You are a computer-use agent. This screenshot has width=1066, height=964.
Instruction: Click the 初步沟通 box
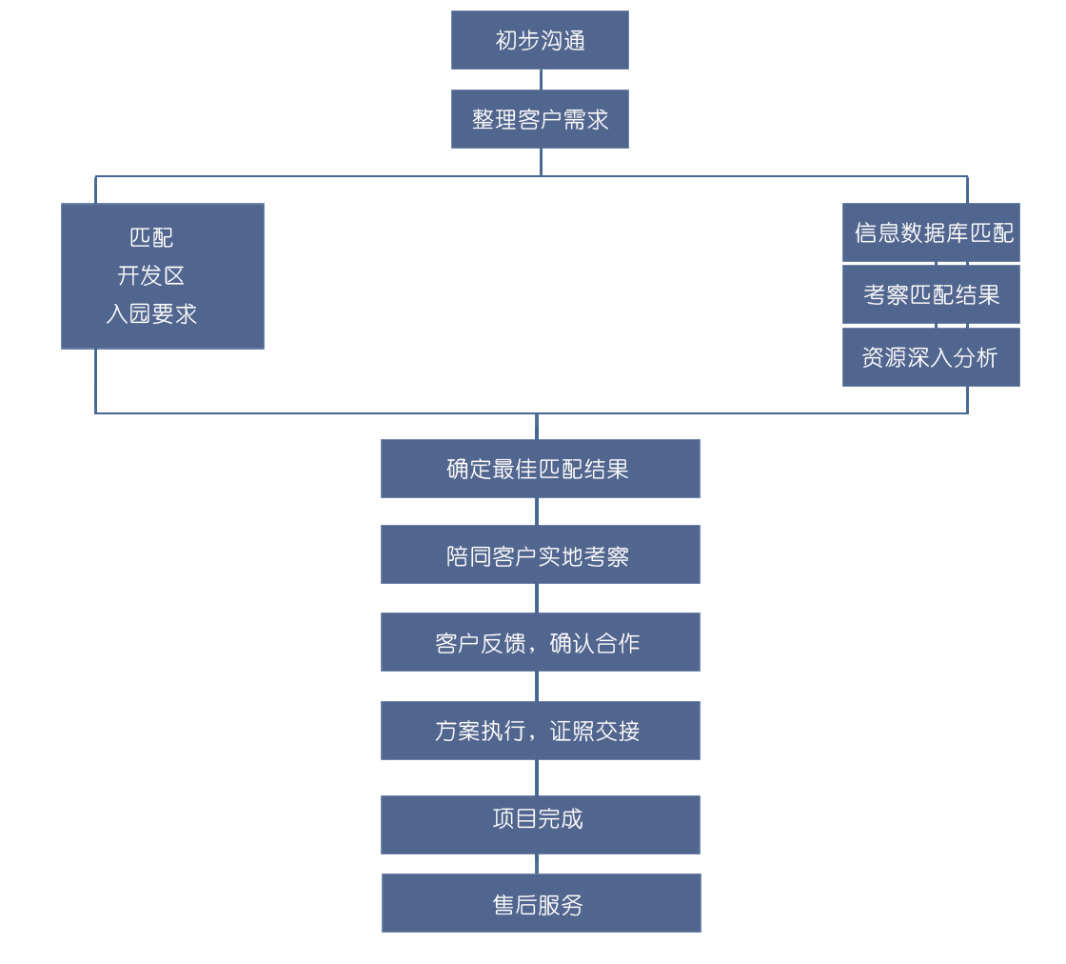point(540,40)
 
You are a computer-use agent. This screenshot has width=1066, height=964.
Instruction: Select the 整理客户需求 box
point(540,119)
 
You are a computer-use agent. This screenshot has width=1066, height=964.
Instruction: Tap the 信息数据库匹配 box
point(931,232)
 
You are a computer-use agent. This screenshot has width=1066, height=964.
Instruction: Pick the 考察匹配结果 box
point(931,294)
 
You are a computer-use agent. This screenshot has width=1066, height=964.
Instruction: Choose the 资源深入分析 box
point(931,357)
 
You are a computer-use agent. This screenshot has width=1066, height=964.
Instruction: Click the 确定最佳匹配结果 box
point(540,469)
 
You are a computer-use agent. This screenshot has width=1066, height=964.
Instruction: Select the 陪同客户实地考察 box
point(540,554)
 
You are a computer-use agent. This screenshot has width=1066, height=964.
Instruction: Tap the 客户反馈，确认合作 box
point(540,642)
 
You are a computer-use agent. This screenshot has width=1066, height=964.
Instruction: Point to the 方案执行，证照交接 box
point(540,731)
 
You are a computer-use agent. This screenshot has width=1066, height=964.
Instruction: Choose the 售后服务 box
point(541,903)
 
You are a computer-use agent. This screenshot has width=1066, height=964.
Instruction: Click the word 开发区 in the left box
point(151,275)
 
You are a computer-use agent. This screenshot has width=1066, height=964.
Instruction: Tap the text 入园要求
point(151,313)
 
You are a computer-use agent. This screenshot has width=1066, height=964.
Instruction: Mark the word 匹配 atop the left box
point(151,237)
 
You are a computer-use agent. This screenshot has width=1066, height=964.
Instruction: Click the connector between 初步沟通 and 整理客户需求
point(541,79)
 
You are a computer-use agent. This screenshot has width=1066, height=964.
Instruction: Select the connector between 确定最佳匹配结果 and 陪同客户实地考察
point(537,512)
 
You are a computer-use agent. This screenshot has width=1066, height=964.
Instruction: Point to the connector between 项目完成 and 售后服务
point(537,864)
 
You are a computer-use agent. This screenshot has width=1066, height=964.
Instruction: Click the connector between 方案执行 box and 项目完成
point(537,777)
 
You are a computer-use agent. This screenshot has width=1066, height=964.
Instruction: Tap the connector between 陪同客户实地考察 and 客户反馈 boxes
point(537,598)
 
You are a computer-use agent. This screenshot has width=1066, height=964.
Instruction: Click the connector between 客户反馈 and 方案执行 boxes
point(537,686)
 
